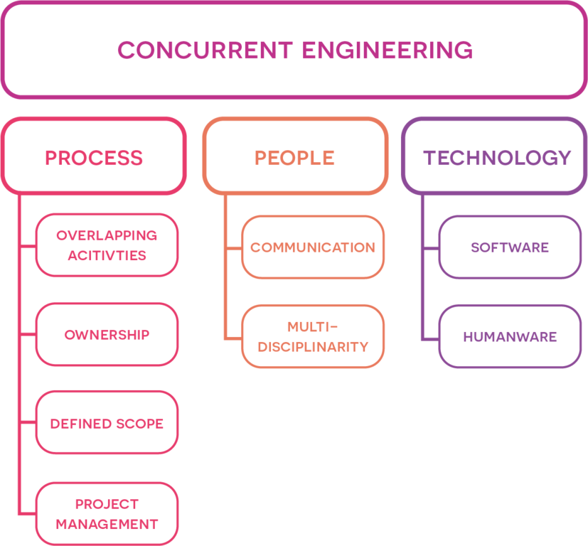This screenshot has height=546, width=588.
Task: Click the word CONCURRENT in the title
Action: (x=205, y=50)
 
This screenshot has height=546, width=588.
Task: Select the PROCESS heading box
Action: (x=93, y=157)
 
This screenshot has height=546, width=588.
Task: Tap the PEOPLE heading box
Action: (x=295, y=157)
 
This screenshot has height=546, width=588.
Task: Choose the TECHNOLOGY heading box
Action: (x=496, y=157)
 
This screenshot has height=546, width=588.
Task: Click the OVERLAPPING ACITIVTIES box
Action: (x=107, y=245)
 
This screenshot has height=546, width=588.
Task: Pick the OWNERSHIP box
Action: (x=107, y=335)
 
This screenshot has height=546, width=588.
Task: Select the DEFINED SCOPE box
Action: (x=107, y=423)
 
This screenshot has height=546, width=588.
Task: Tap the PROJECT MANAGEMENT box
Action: (x=107, y=514)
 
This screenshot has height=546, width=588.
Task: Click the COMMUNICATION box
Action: (x=312, y=247)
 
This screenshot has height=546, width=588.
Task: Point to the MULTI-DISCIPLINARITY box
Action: (x=312, y=336)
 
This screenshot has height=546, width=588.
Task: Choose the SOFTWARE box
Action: (x=509, y=247)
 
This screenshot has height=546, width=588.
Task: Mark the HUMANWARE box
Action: (x=509, y=336)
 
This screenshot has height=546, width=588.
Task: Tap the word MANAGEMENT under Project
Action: (x=107, y=525)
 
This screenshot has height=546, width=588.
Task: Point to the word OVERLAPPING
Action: (x=107, y=235)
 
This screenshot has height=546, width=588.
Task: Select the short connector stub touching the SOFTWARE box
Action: (x=430, y=248)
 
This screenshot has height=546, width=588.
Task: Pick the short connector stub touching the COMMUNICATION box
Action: (x=233, y=248)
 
